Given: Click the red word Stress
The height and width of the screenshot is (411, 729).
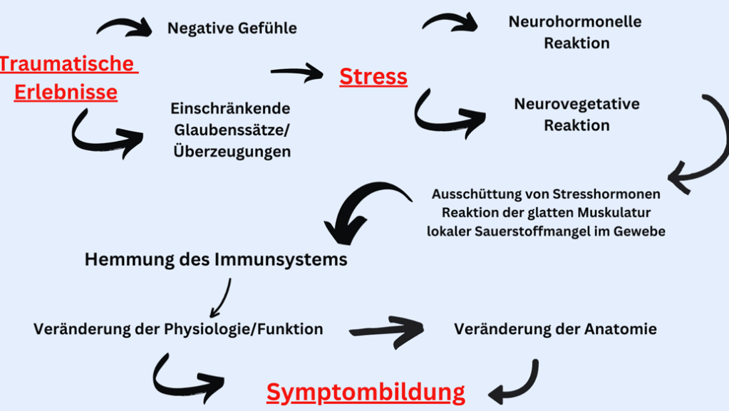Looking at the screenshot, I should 373,76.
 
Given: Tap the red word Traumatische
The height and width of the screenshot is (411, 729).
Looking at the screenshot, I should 68,64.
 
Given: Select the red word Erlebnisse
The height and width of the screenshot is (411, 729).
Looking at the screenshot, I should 66,93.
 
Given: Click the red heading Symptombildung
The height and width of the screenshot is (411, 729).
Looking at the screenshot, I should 366,391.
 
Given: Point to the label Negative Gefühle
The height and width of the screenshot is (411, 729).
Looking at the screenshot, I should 232,28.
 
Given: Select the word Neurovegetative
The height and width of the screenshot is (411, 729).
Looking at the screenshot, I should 577,104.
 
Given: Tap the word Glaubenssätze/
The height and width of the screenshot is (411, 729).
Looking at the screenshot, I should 232,130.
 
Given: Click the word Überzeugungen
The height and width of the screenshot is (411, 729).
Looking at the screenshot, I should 232,152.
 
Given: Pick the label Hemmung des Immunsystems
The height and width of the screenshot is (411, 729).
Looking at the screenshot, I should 216,259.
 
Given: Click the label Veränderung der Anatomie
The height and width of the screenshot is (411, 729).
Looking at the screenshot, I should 555,329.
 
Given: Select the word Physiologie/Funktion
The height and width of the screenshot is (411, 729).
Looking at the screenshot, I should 244,329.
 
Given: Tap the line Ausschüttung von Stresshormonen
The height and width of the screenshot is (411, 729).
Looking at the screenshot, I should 546,194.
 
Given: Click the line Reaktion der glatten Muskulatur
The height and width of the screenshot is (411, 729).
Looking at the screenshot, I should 546,212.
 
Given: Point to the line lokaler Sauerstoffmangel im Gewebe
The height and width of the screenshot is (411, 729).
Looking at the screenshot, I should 546,231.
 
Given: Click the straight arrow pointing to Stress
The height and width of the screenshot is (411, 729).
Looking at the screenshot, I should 296,71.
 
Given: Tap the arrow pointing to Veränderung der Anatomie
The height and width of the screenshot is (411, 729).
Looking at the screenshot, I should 387,330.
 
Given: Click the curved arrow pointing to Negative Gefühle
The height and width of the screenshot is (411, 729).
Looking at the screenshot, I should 125,27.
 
